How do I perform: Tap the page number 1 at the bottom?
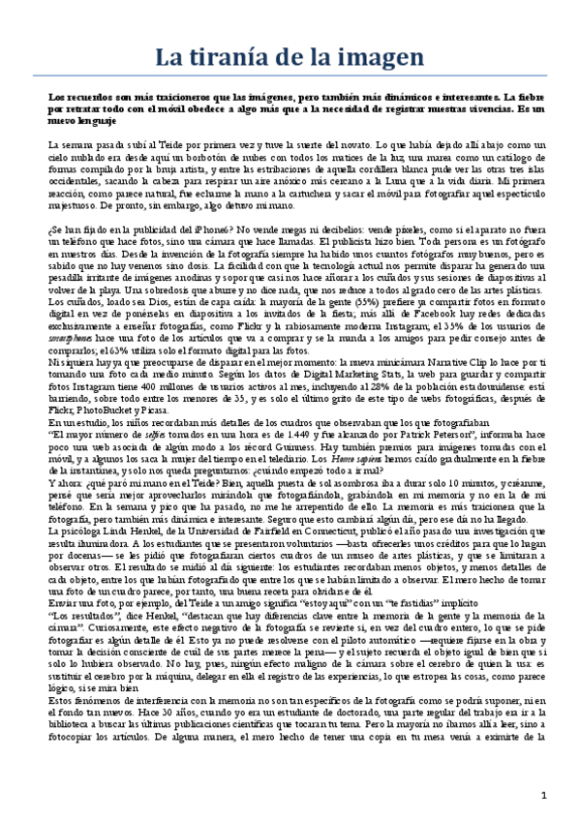[x=544, y=795]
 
